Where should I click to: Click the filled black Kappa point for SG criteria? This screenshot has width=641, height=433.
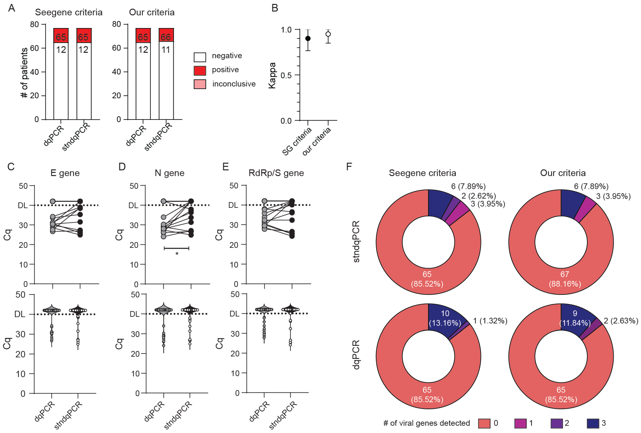click(308, 38)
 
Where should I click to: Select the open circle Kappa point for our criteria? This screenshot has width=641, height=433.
click(328, 34)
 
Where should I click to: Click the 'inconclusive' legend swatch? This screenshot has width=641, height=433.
click(200, 84)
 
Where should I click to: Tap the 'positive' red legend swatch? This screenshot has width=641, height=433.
click(200, 70)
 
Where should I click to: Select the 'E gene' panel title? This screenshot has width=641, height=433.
click(65, 173)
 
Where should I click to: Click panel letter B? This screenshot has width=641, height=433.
click(274, 8)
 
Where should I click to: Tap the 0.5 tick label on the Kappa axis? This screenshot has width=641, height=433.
click(286, 75)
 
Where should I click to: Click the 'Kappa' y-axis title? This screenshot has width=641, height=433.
click(272, 75)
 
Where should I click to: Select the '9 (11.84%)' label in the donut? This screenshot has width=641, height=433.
click(575, 318)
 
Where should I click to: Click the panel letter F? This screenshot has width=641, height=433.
click(349, 167)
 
